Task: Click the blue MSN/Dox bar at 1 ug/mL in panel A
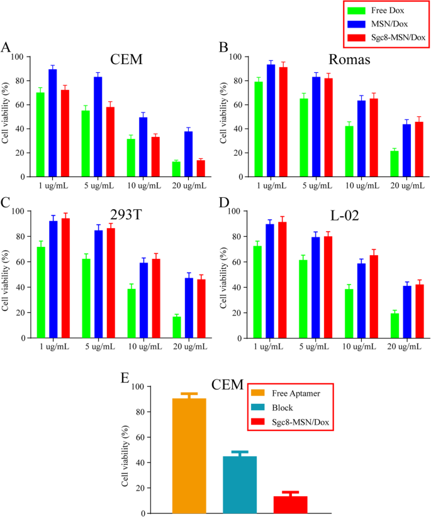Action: coord(53,123)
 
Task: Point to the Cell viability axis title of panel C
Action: coord(8,278)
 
